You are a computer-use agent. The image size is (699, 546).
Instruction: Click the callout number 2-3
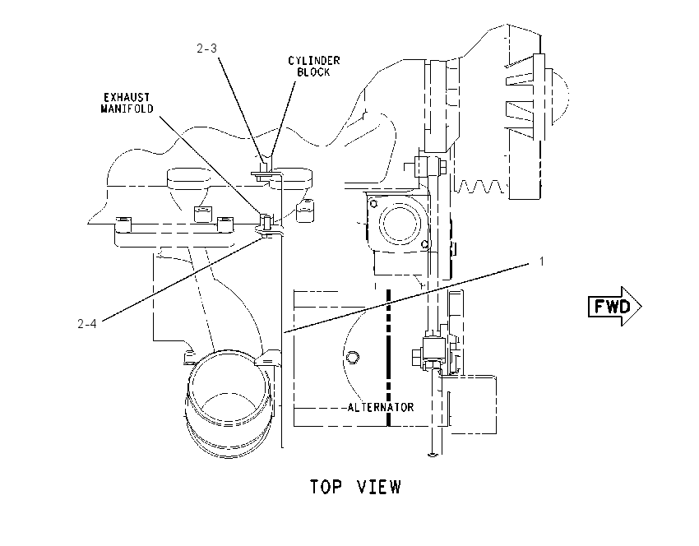tap(207, 49)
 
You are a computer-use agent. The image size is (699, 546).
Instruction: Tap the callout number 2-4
tap(87, 324)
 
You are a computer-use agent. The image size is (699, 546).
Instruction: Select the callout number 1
tap(542, 261)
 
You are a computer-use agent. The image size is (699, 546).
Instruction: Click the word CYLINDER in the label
tap(314, 61)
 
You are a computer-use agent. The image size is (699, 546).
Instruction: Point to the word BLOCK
tap(313, 72)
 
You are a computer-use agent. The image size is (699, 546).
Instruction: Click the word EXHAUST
tap(127, 97)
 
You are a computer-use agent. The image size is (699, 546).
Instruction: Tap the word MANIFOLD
tap(127, 109)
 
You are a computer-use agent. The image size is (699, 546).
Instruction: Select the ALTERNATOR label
tap(381, 407)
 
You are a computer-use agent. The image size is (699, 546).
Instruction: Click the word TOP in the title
tap(326, 487)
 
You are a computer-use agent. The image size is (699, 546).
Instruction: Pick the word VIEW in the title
tap(379, 487)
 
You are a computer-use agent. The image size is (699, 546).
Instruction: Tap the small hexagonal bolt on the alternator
tap(352, 357)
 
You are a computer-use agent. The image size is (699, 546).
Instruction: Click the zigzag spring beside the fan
tap(480, 187)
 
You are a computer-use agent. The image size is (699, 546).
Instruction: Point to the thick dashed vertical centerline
tap(389, 358)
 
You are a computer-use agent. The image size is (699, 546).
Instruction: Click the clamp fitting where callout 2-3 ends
tap(266, 172)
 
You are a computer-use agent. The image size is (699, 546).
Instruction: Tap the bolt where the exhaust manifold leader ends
tap(266, 221)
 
